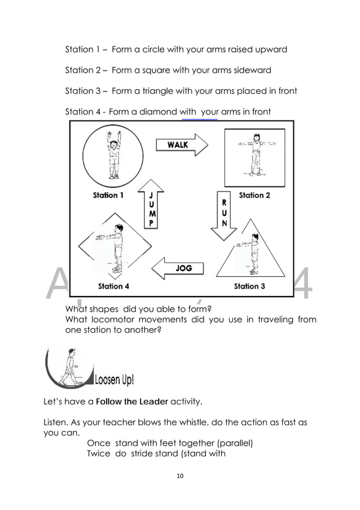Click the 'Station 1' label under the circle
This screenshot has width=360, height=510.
tap(108, 195)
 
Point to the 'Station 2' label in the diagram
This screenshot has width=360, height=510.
tap(254, 195)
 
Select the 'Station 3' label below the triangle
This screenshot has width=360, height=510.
tap(249, 286)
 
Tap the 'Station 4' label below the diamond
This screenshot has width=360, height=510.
tap(113, 286)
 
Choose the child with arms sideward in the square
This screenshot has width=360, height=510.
tap(256, 154)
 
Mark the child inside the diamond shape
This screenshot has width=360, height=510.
tap(116, 249)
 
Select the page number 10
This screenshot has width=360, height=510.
tap(180, 476)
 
